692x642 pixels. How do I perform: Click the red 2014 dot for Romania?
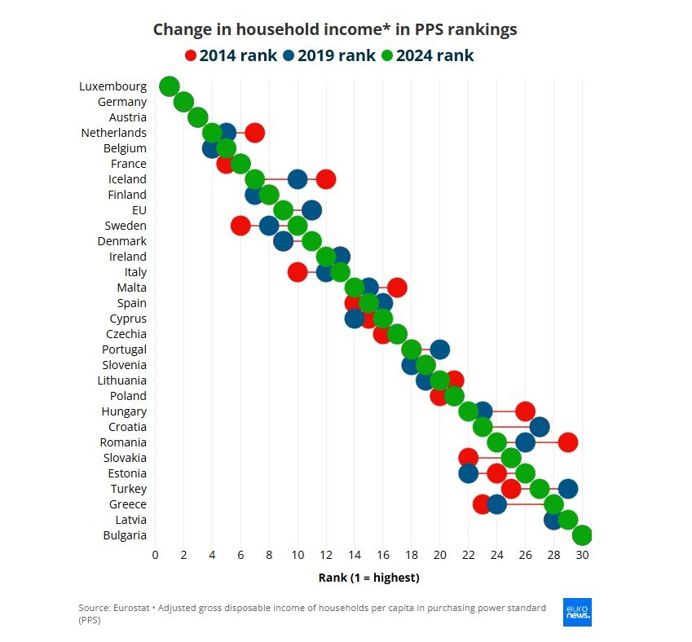[x=568, y=442]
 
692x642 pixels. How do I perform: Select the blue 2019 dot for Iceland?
[x=298, y=179]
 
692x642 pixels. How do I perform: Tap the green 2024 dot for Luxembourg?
[x=169, y=86]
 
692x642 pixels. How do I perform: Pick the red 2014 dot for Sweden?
[x=240, y=226]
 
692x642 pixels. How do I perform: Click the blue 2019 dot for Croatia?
[x=540, y=427]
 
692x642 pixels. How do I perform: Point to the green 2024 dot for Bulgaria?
[x=582, y=535]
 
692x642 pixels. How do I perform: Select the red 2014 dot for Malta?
[x=397, y=288]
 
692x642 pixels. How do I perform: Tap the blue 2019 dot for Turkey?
[x=568, y=489]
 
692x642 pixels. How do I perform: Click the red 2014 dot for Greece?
[x=482, y=504]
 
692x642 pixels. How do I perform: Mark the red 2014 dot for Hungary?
[x=526, y=411]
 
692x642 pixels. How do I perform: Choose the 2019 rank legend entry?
[x=328, y=55]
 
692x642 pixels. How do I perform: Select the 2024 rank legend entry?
[x=427, y=55]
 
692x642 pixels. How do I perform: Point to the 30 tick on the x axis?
[x=582, y=556]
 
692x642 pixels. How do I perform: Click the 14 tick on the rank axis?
[x=355, y=556]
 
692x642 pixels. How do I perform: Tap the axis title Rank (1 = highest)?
[x=368, y=578]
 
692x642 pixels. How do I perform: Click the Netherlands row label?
[x=114, y=133]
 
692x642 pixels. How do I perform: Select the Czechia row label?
[x=126, y=334]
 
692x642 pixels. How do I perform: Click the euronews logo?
[x=577, y=612]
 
